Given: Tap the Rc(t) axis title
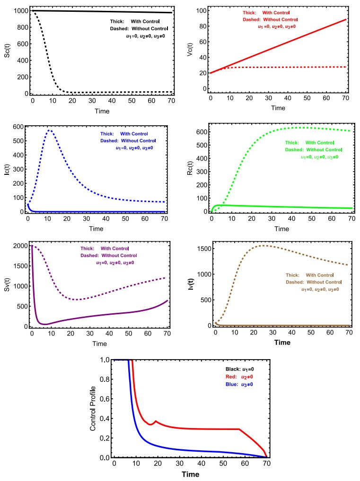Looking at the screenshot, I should pos(192,168).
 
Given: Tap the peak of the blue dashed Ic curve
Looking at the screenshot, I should pos(49,130).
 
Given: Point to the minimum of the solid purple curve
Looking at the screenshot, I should pos(45,324).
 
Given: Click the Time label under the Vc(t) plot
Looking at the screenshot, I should pos(278,108).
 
